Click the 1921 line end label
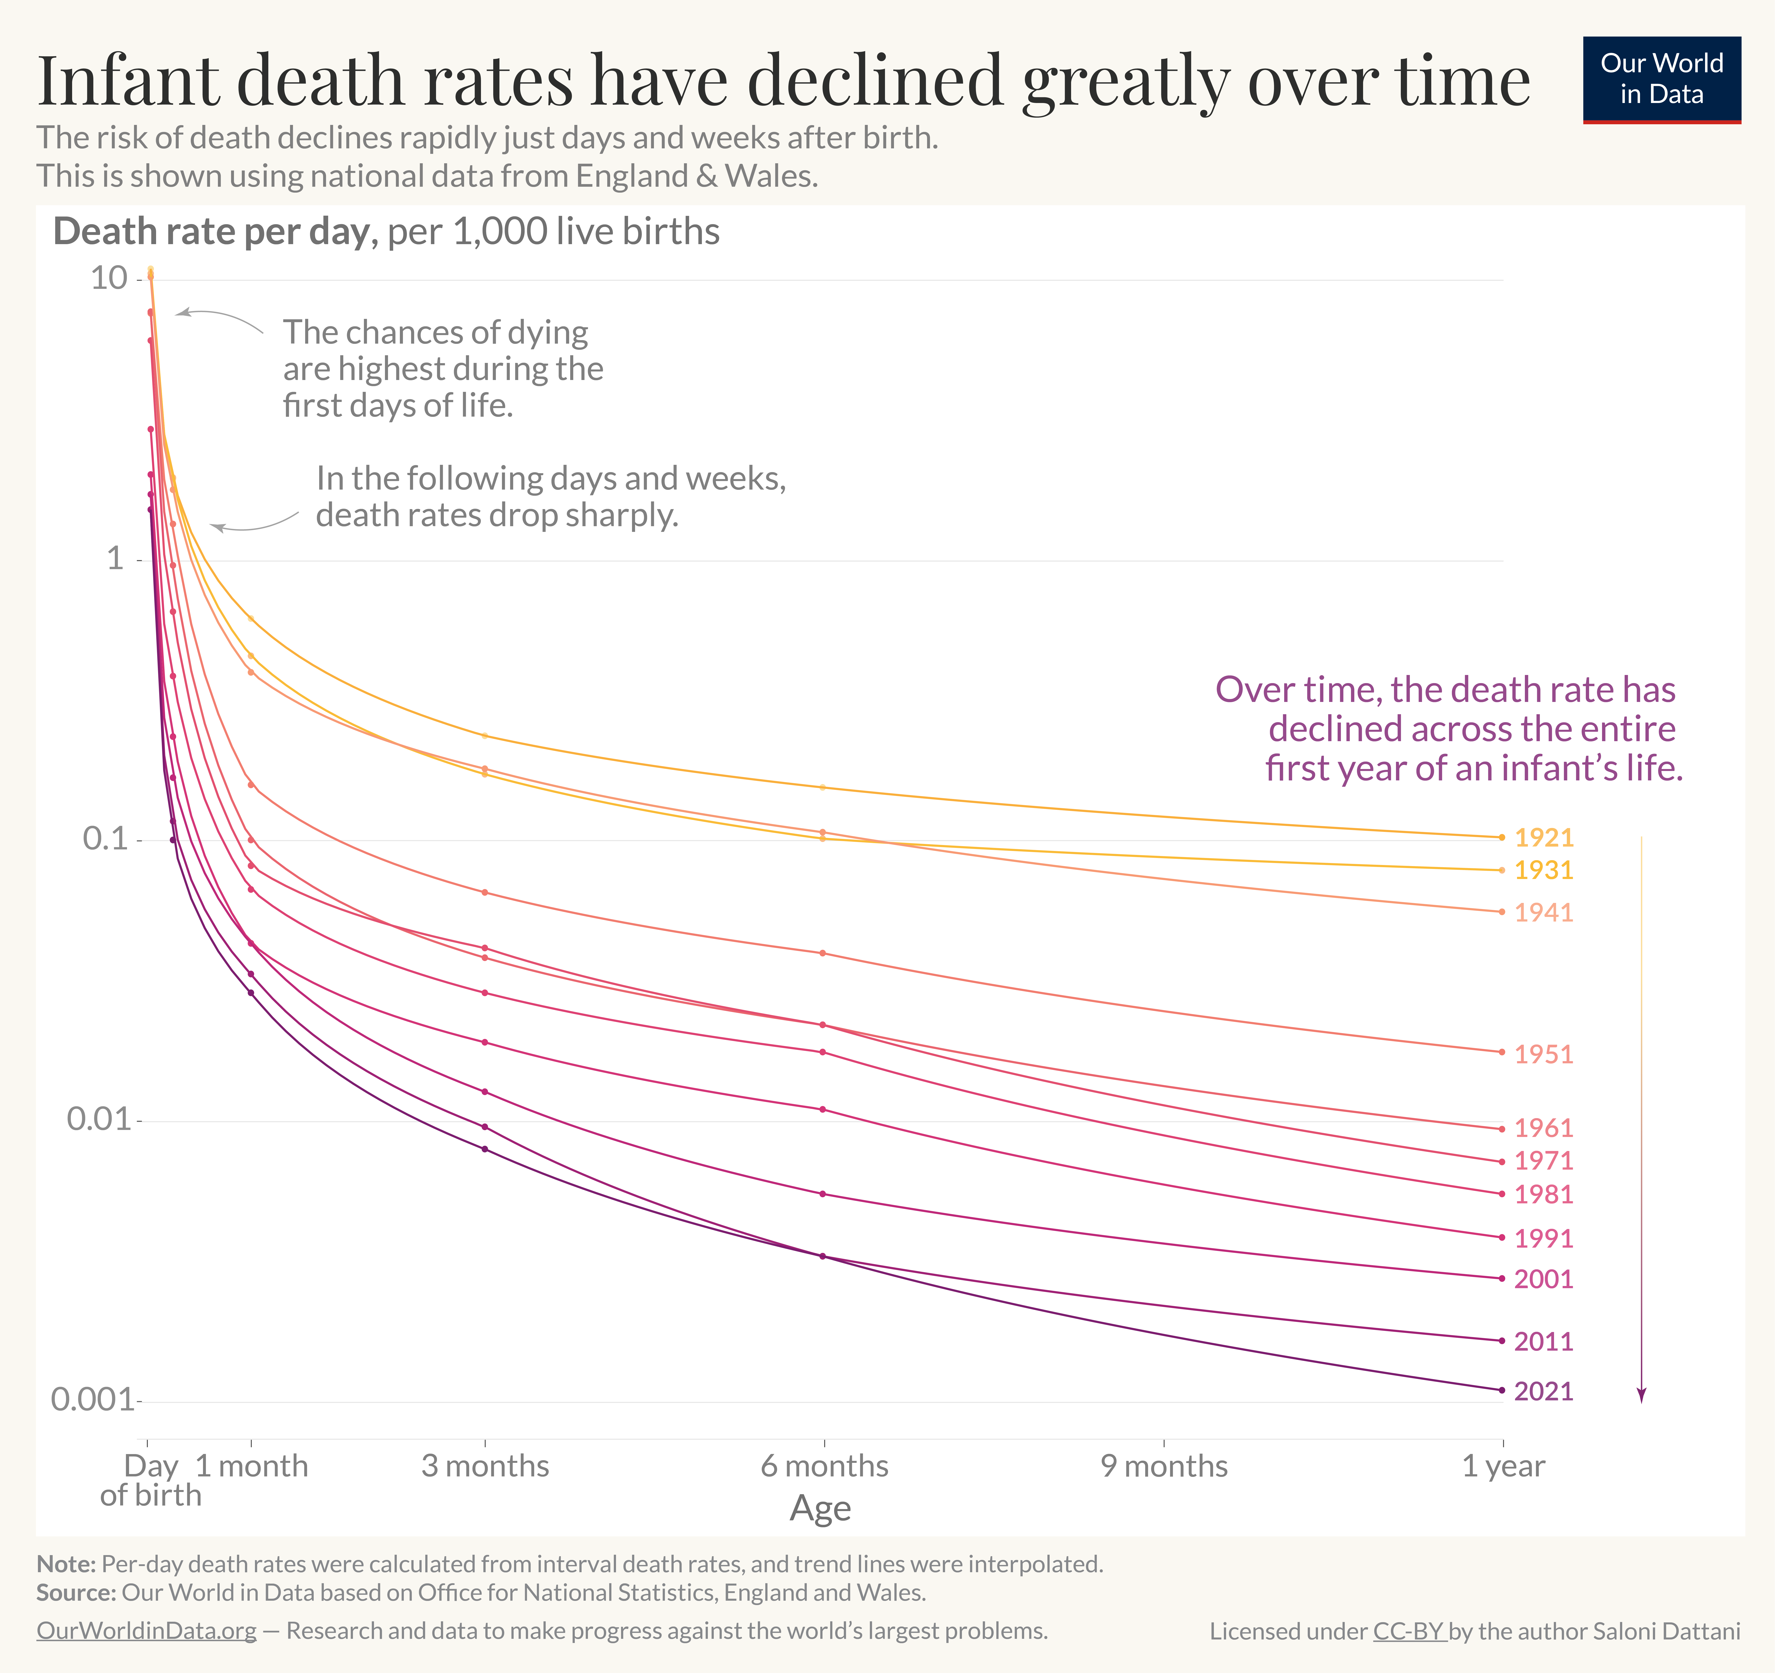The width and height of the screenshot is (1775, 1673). pyautogui.click(x=1543, y=837)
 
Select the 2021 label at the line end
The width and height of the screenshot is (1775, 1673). pyautogui.click(x=1543, y=1391)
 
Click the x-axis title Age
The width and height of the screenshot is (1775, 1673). pyautogui.click(x=820, y=1508)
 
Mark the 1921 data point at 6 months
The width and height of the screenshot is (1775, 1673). pyautogui.click(x=822, y=787)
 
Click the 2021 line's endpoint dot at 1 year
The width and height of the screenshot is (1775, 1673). pyautogui.click(x=1502, y=1390)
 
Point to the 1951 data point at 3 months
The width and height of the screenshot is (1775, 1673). pyautogui.click(x=485, y=892)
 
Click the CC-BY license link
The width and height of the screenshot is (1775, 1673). pyautogui.click(x=1408, y=1631)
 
